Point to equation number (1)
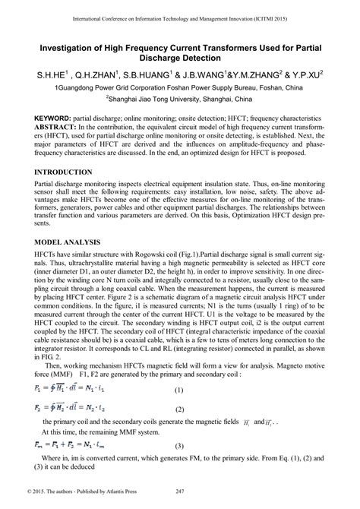[179, 390]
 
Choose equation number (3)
[179, 445]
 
